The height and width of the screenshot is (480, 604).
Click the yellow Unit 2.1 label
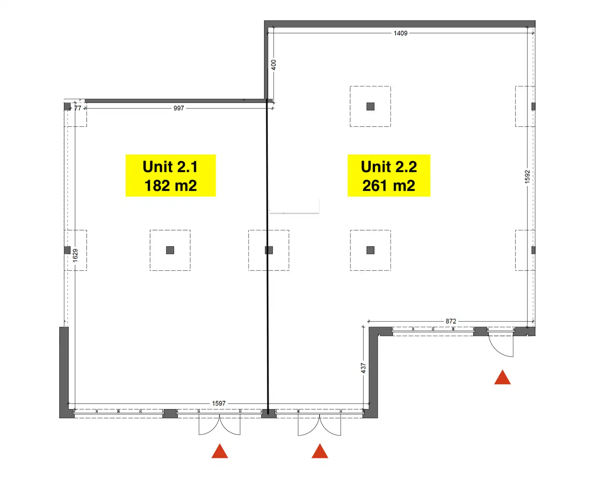tap(171, 176)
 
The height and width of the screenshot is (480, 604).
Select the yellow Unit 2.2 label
tap(389, 176)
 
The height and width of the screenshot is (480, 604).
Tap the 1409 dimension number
tap(400, 33)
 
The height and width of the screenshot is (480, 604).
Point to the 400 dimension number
tap(273, 65)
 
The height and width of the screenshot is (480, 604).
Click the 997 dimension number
tap(178, 108)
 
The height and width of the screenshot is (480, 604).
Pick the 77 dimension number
tap(78, 108)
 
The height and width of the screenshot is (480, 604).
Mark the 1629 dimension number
tap(75, 256)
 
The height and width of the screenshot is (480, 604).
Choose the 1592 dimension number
tap(527, 177)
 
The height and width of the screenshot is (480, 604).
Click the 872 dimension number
tap(451, 321)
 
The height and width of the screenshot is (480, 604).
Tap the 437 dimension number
tap(363, 368)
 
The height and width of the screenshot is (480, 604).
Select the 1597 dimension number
tap(219, 403)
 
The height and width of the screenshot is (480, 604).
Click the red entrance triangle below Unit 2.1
tap(220, 451)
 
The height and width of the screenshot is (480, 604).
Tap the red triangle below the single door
tap(502, 377)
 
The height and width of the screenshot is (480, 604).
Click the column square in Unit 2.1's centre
tap(170, 250)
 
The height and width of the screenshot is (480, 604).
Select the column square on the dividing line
tap(269, 250)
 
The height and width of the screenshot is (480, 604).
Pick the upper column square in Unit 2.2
tap(370, 106)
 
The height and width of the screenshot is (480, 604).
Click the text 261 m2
tap(389, 186)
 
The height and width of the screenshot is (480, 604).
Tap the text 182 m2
tap(171, 186)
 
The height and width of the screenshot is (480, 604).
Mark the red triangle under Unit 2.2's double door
tap(320, 451)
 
